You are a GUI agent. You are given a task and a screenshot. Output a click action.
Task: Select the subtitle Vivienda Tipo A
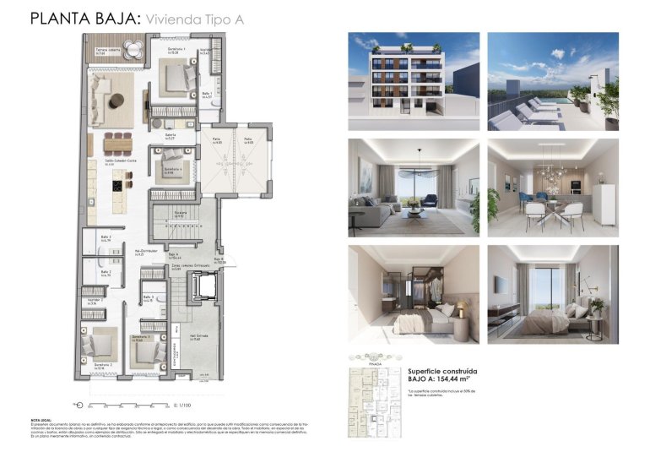click(x=195, y=19)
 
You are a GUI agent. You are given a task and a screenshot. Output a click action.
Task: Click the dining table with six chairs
click(x=119, y=142)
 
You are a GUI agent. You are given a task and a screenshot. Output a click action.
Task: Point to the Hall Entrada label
click(x=196, y=338)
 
